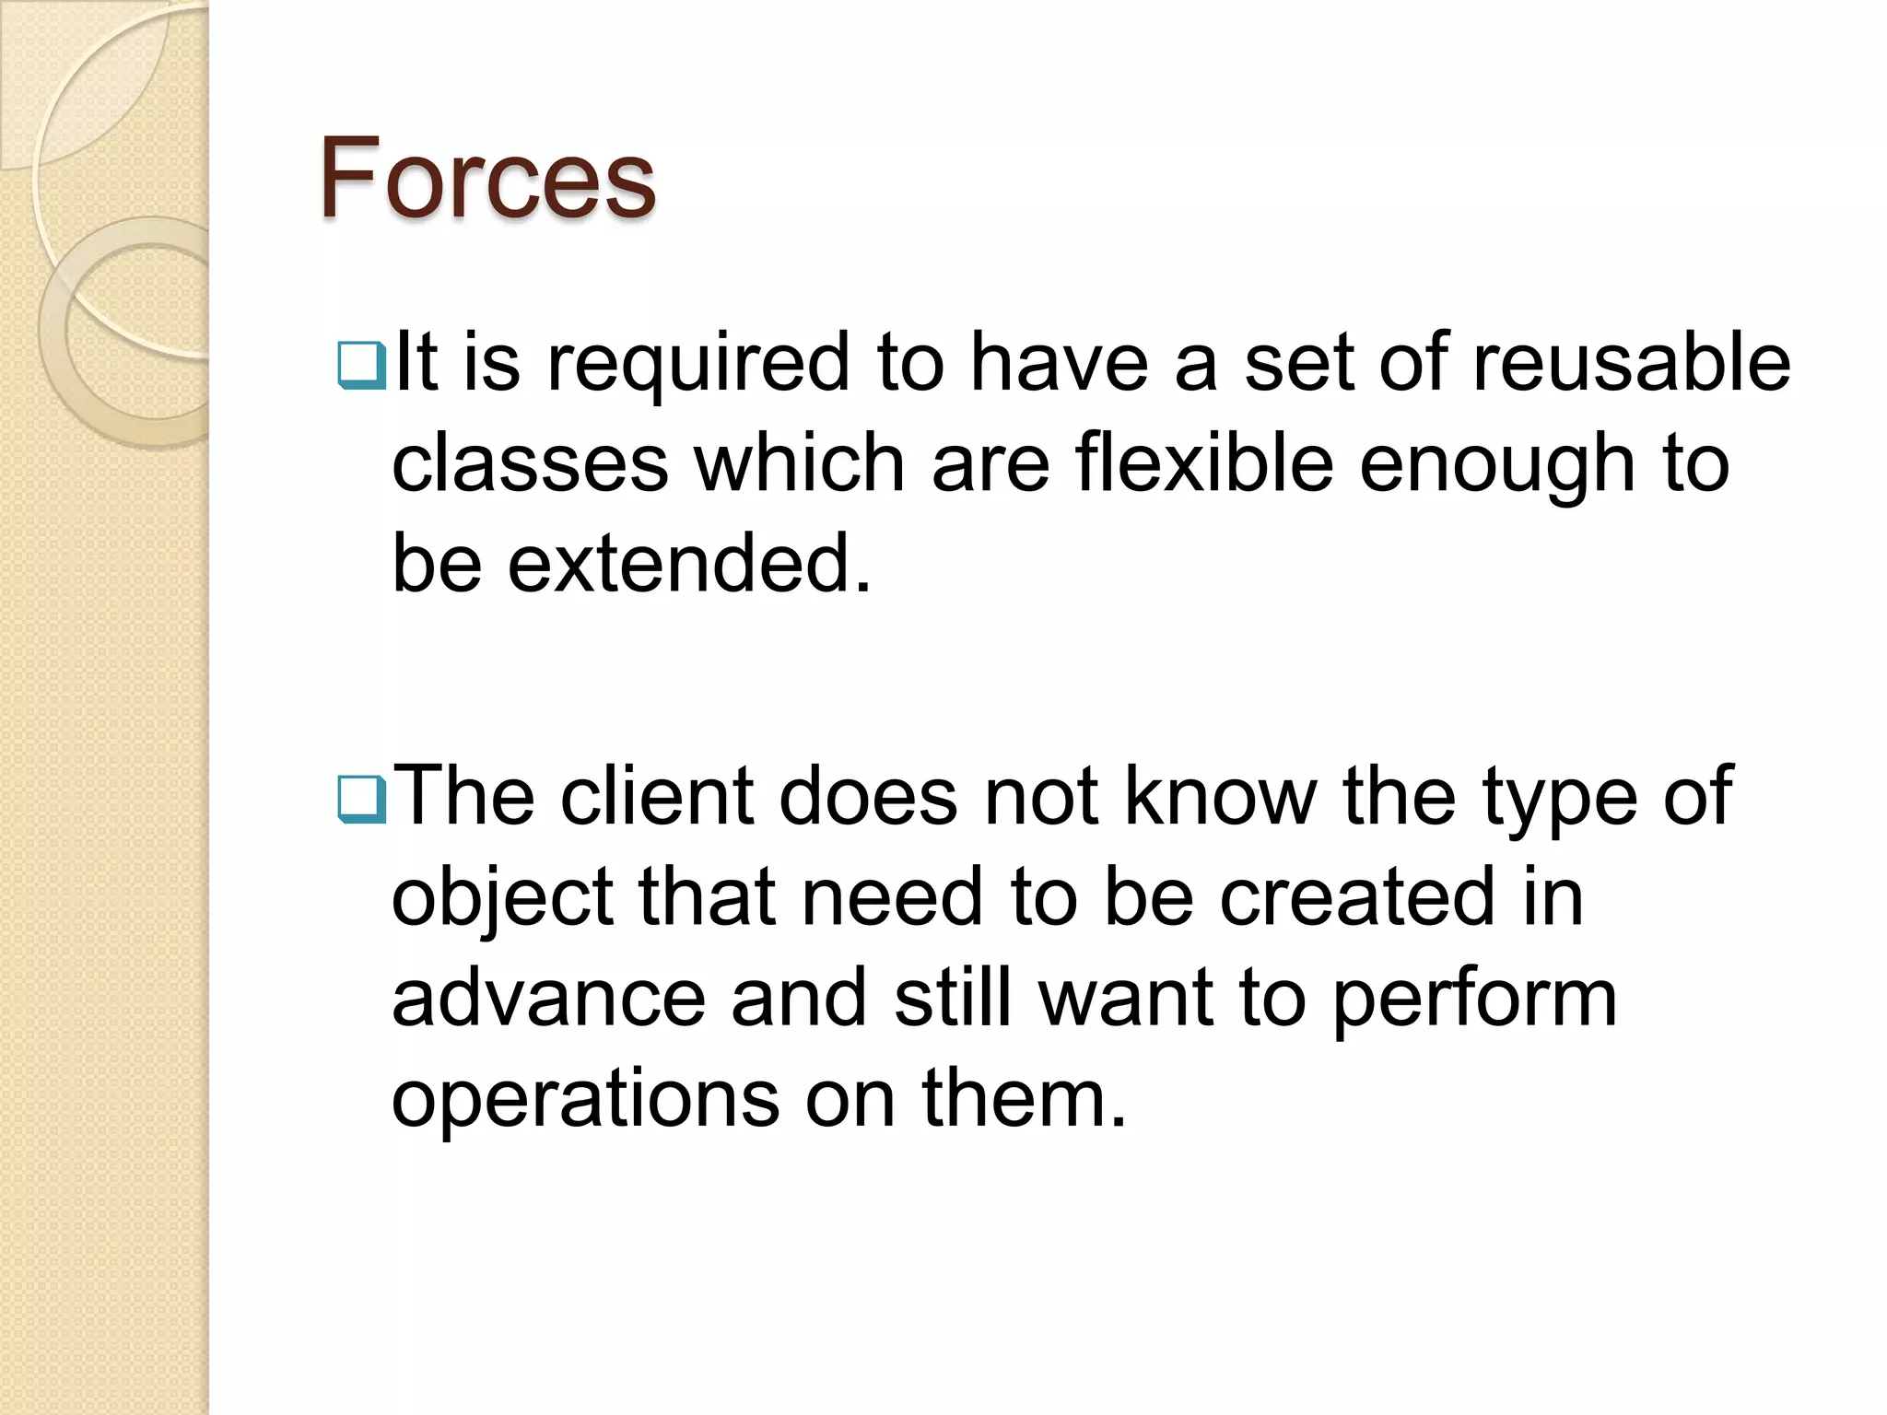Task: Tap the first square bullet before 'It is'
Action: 361,365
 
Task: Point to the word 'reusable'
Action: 1631,363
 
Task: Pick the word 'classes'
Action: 530,462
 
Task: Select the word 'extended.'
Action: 688,563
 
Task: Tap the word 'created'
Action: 1357,897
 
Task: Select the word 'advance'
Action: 548,999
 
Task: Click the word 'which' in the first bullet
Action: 799,462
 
